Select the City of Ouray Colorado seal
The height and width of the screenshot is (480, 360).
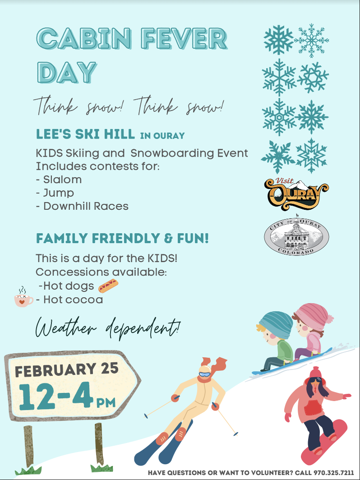[296, 236]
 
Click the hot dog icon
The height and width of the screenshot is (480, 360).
[108, 285]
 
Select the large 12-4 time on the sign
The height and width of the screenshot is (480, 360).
[56, 395]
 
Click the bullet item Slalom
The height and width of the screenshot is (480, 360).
[62, 180]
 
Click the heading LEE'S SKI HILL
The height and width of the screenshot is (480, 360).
[85, 134]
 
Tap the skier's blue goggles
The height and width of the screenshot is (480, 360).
[204, 374]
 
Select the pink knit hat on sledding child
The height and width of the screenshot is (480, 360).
[312, 314]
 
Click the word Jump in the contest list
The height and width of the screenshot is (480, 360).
[58, 193]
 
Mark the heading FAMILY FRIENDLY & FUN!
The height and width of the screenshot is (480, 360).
[122, 238]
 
